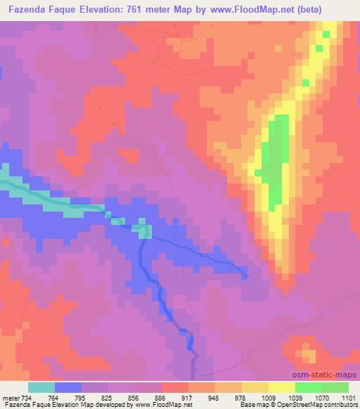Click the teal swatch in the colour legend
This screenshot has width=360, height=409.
point(41,388)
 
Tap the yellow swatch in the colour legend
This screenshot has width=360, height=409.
point(281,388)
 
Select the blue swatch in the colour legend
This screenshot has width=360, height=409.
point(68,388)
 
